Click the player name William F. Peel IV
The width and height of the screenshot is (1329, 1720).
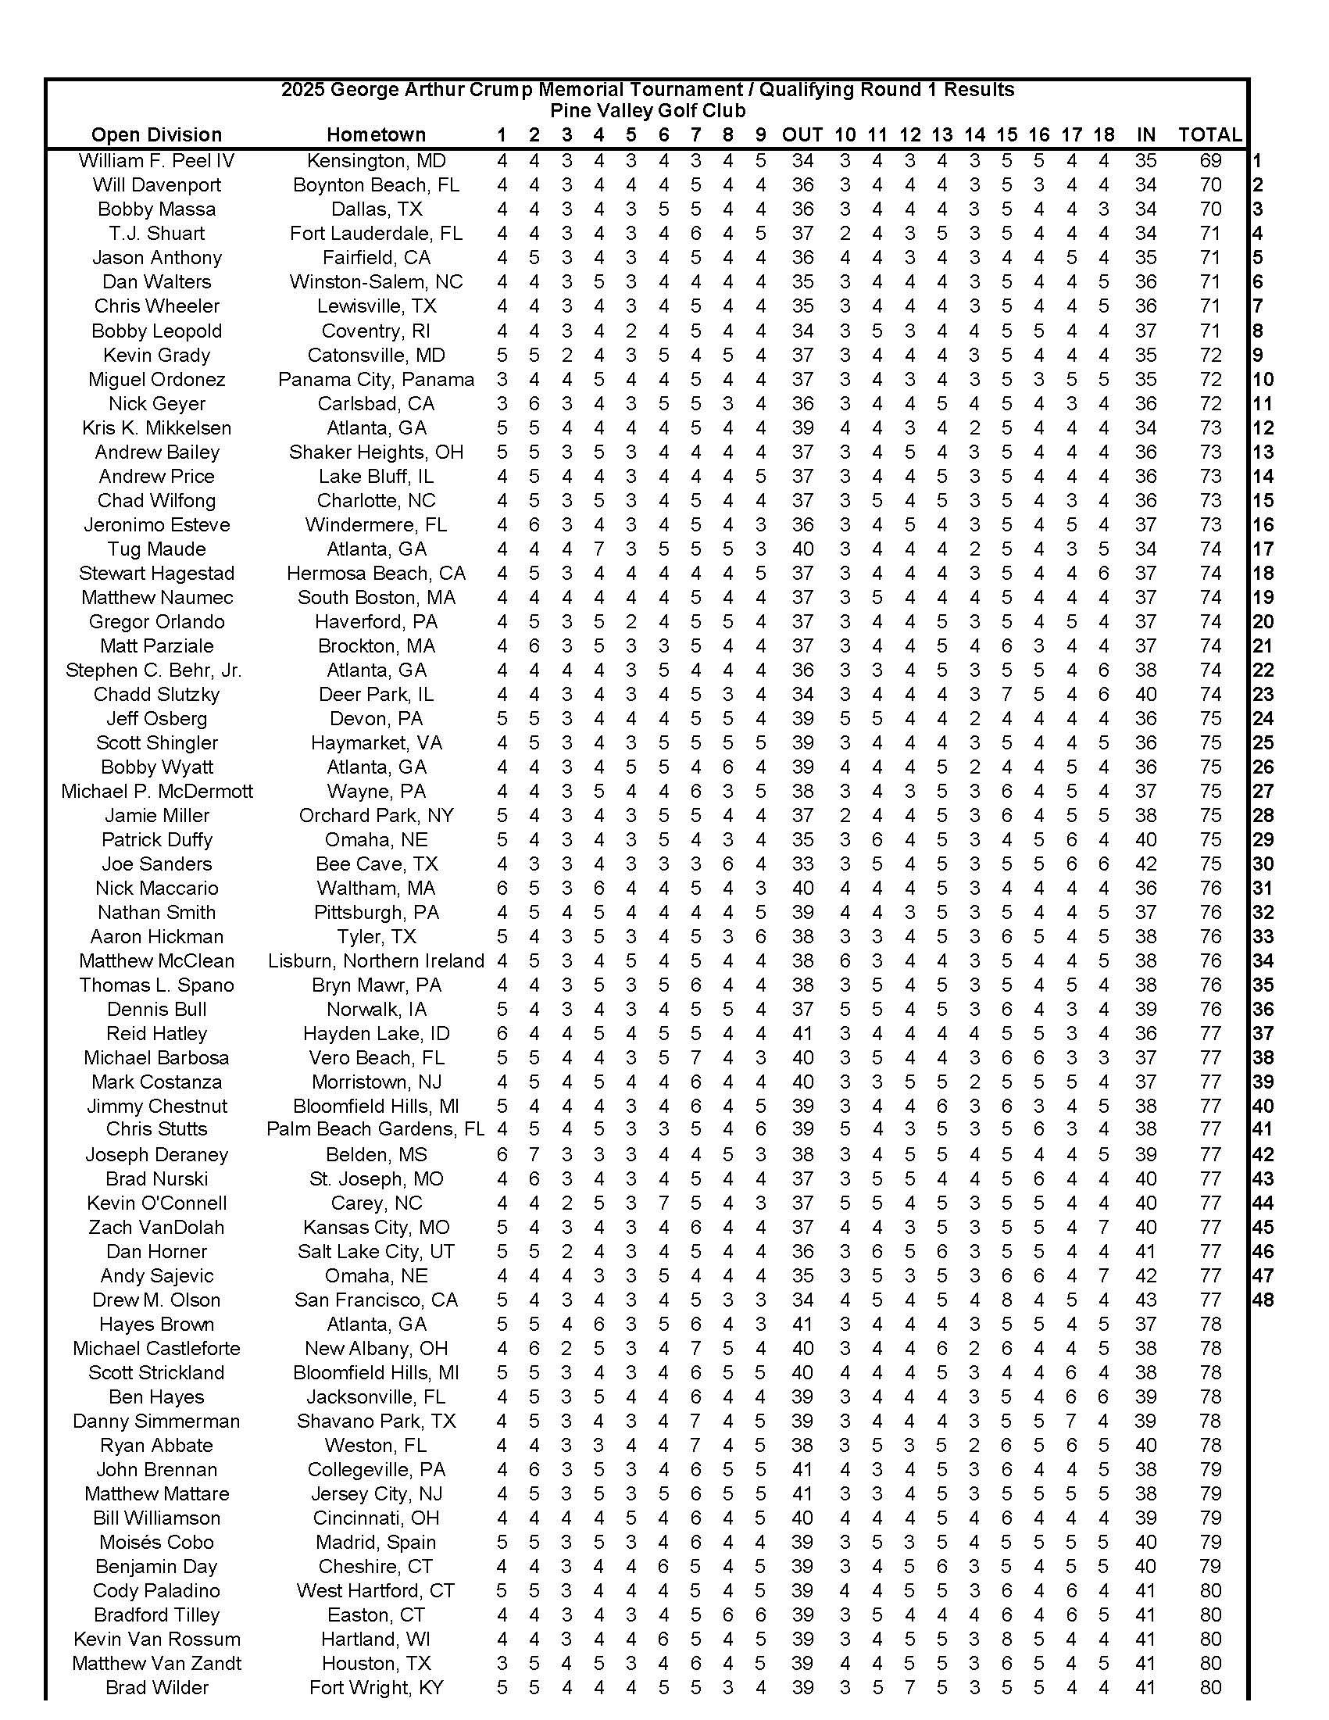pyautogui.click(x=157, y=161)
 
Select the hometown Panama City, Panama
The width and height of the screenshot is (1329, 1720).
pyautogui.click(x=376, y=380)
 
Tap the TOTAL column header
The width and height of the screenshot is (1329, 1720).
pyautogui.click(x=1209, y=134)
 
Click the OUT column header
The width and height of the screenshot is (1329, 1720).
pyautogui.click(x=802, y=134)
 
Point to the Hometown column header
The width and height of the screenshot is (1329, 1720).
pyautogui.click(x=376, y=134)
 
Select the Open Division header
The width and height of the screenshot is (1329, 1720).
pyautogui.click(x=157, y=134)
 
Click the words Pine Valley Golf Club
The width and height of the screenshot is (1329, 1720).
pyautogui.click(x=647, y=111)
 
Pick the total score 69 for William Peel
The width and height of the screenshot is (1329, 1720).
pyautogui.click(x=1210, y=161)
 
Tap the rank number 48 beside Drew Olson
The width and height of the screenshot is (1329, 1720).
pyautogui.click(x=1263, y=1300)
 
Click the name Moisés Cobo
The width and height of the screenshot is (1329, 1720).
pyautogui.click(x=157, y=1543)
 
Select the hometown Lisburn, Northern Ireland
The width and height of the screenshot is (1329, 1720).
pyautogui.click(x=376, y=960)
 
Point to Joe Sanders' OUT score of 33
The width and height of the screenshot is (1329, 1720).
pyautogui.click(x=802, y=864)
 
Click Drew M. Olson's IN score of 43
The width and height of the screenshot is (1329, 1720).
pyautogui.click(x=1145, y=1300)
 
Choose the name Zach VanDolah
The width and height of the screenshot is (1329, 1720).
pyautogui.click(x=157, y=1228)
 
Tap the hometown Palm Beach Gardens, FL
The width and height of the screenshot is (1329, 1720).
pyautogui.click(x=376, y=1129)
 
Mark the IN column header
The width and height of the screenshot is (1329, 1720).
pyautogui.click(x=1145, y=134)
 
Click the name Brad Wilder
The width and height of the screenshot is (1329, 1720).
pyautogui.click(x=157, y=1688)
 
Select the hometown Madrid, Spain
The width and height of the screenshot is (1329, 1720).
pyautogui.click(x=376, y=1543)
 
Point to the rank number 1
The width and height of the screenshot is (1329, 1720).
pyautogui.click(x=1257, y=161)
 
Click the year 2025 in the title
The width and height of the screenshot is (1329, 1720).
pyautogui.click(x=302, y=90)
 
